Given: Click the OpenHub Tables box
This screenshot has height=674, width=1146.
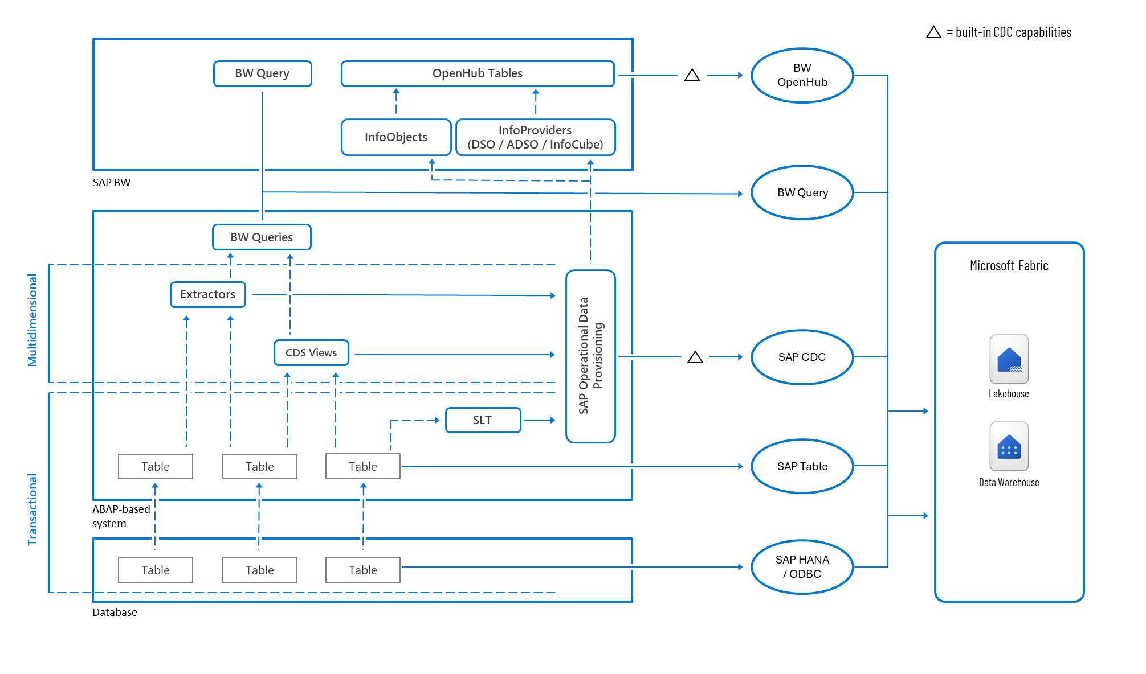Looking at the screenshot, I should click(x=478, y=73).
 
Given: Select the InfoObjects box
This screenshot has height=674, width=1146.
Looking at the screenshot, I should click(x=396, y=137).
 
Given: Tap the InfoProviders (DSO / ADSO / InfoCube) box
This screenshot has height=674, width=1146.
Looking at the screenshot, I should click(x=535, y=137).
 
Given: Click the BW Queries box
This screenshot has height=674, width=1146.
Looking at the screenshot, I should click(x=262, y=237).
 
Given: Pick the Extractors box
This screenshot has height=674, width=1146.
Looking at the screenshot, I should click(x=208, y=294).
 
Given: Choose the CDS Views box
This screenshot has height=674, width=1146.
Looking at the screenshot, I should click(x=311, y=353).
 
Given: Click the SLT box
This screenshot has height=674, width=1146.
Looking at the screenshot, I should click(x=483, y=420).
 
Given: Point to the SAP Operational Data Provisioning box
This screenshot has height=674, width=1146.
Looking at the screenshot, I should click(x=590, y=356).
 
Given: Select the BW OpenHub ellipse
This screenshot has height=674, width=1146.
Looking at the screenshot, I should click(x=802, y=75).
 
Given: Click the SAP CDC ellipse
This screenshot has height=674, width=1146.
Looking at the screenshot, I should click(x=802, y=357).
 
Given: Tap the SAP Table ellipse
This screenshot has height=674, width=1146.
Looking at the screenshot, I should click(x=802, y=466).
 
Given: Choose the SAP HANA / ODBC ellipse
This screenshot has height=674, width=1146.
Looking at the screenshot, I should click(x=802, y=567).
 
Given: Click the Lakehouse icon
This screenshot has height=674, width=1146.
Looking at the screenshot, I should click(x=1009, y=359).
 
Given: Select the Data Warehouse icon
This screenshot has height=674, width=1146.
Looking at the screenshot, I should click(x=1009, y=446).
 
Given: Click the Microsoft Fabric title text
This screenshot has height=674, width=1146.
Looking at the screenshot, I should click(x=1009, y=266).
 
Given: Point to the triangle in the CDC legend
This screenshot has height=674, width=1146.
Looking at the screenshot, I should click(x=933, y=32).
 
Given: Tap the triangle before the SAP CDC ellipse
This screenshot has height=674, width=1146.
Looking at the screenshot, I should click(x=695, y=357).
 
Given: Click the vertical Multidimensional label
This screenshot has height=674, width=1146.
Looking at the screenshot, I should click(x=32, y=320).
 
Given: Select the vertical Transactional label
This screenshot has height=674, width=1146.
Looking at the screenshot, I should click(x=32, y=509).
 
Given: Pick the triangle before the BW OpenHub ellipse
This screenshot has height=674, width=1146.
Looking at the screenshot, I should click(x=692, y=75).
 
